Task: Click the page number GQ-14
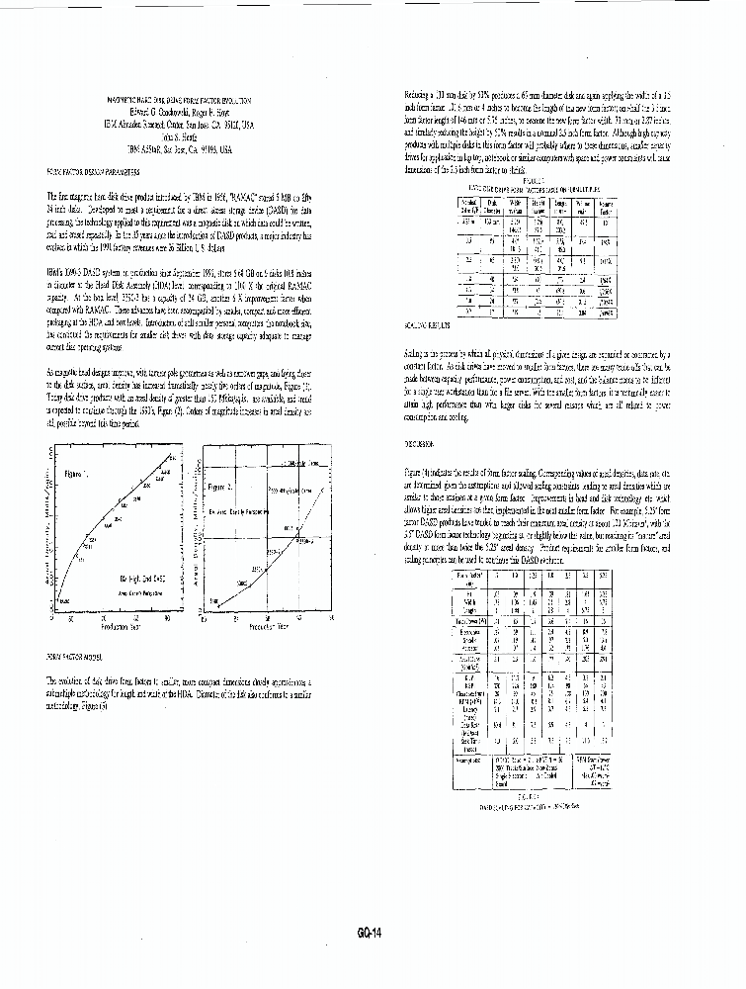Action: tap(372, 931)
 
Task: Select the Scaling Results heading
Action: tap(426, 324)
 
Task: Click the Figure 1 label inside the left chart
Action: tap(77, 474)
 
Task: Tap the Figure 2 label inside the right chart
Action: tap(221, 487)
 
